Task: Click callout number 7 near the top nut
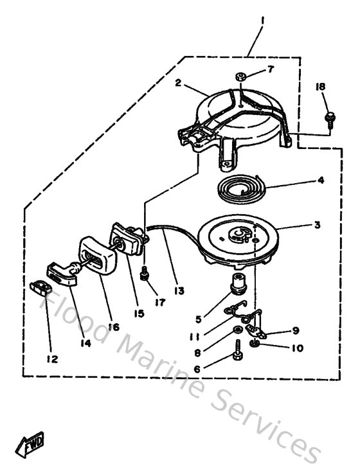(270, 68)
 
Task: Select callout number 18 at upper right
(321, 87)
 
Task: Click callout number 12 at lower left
(52, 359)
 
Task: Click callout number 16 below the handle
(113, 326)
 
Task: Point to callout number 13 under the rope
(178, 290)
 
